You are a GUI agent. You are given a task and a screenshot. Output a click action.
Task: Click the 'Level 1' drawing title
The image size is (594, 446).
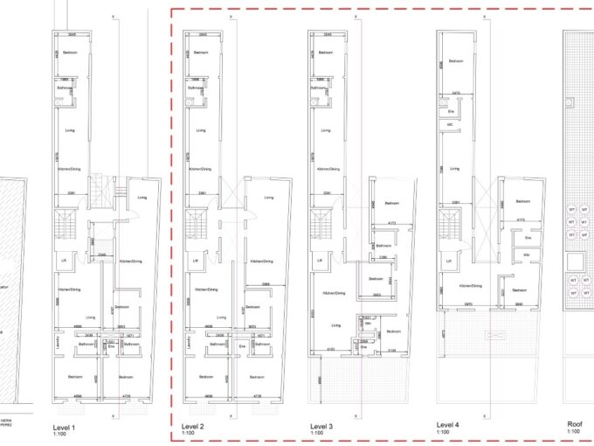(65, 427)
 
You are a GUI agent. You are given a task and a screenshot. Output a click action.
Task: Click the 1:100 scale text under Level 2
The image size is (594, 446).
(188, 434)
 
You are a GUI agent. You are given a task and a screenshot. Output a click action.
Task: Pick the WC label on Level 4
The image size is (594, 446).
(451, 125)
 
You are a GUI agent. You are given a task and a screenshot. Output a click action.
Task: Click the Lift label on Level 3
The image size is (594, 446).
(321, 261)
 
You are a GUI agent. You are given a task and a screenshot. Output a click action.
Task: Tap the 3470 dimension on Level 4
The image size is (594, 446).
(456, 93)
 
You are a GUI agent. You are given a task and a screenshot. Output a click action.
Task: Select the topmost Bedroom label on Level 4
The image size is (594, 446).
(455, 61)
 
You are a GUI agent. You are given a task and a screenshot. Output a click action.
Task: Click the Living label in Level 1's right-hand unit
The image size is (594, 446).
(142, 198)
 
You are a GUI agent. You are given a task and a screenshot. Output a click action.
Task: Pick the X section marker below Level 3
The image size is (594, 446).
(358, 416)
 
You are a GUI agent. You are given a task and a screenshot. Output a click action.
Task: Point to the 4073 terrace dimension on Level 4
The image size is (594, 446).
(444, 333)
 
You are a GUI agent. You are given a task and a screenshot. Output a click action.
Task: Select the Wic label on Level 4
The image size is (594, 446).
(528, 254)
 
